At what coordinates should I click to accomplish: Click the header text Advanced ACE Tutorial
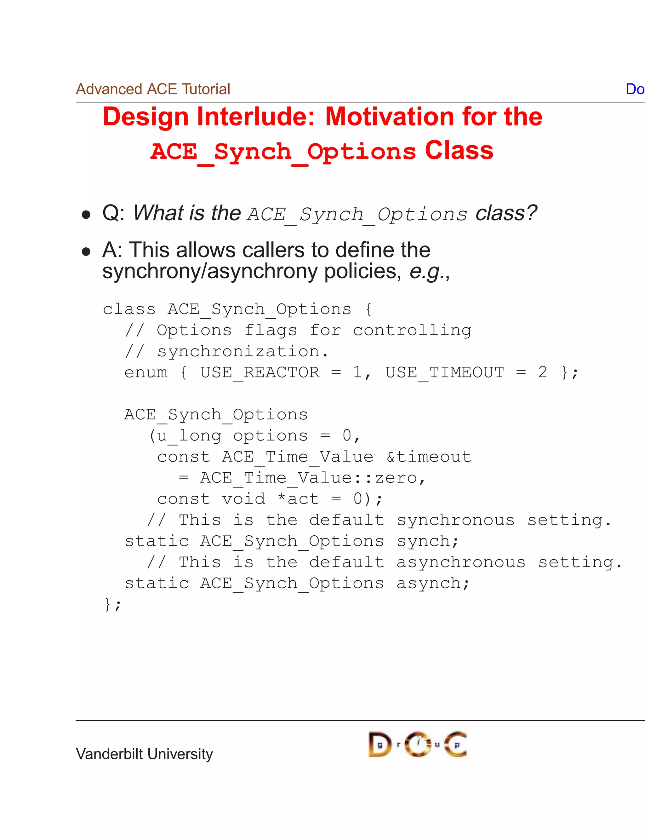[x=153, y=89]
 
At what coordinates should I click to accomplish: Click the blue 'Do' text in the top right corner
[x=635, y=89]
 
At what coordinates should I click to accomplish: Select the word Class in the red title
[x=459, y=150]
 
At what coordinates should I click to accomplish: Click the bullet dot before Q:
[x=86, y=215]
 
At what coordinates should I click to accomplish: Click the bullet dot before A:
[x=86, y=251]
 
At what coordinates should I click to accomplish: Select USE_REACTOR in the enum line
[x=260, y=372]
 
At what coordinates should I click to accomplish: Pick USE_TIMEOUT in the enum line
[x=444, y=372]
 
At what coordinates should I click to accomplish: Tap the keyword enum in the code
[x=146, y=372]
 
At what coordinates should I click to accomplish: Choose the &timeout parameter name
[x=429, y=457]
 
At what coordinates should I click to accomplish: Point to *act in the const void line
[x=298, y=499]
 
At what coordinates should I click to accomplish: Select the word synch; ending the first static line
[x=427, y=541]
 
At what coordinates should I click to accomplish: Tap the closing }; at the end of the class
[x=112, y=604]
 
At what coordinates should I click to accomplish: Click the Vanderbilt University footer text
[x=145, y=754]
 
